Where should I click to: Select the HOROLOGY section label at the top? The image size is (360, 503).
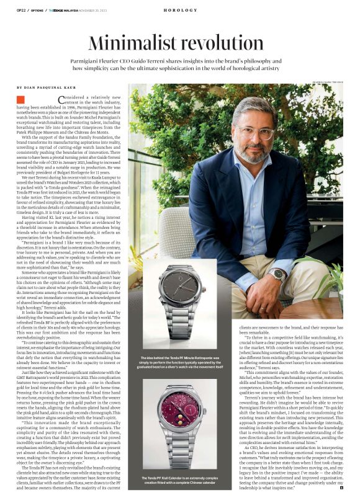click(x=180, y=11)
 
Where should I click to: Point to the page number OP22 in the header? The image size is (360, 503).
click(x=21, y=11)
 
